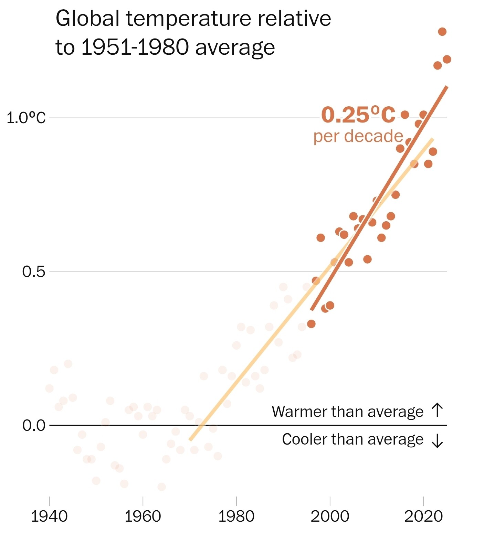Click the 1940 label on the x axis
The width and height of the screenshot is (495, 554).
click(x=49, y=516)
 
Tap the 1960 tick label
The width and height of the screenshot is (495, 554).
click(x=143, y=516)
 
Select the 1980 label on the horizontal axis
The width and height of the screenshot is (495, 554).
click(x=236, y=516)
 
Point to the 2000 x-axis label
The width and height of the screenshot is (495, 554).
click(x=330, y=516)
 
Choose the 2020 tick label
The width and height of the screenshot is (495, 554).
click(x=423, y=516)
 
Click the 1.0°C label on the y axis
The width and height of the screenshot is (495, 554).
click(x=26, y=118)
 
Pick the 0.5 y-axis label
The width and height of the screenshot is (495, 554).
click(x=34, y=272)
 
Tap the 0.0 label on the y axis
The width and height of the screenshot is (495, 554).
click(x=34, y=426)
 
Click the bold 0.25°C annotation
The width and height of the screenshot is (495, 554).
click(x=358, y=115)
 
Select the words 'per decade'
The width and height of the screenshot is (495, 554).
click(x=358, y=136)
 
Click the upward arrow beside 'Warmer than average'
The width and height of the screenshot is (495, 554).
click(x=437, y=410)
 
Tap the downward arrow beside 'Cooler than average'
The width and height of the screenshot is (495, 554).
click(x=437, y=440)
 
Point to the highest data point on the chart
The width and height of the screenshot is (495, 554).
click(x=442, y=32)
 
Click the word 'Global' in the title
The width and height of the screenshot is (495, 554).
click(x=87, y=19)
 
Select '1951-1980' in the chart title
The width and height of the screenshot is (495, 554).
click(x=135, y=47)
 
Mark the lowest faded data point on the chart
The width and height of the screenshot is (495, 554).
click(x=161, y=487)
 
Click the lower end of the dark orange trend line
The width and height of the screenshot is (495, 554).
click(x=312, y=310)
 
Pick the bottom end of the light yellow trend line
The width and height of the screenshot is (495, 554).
click(x=190, y=440)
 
